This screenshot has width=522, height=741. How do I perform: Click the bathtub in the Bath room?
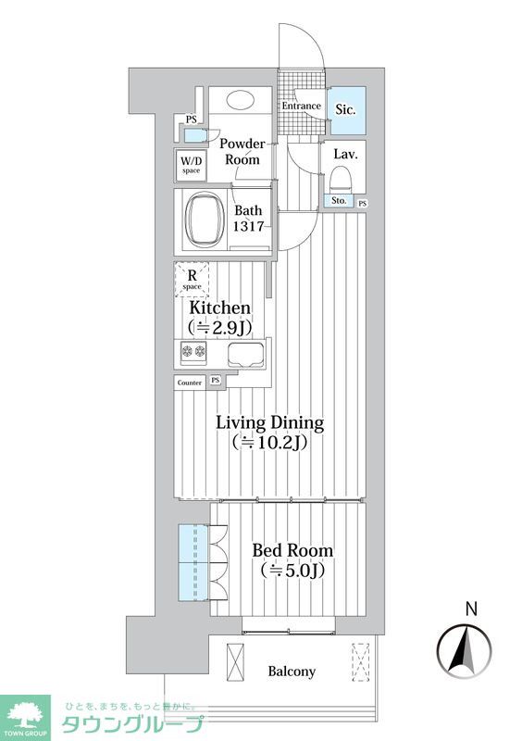click(x=205, y=220)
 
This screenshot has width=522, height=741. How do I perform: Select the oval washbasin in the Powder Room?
click(x=240, y=99)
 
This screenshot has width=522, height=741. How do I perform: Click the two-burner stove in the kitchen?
click(x=193, y=352)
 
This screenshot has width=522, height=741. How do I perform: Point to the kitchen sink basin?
click(x=246, y=355)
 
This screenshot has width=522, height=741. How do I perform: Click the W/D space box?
click(x=191, y=165)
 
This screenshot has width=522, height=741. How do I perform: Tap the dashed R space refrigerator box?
click(x=192, y=280)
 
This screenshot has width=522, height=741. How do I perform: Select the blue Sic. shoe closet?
click(x=348, y=110)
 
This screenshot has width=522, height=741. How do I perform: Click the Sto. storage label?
click(x=339, y=201)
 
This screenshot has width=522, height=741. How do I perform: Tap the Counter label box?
click(x=190, y=383)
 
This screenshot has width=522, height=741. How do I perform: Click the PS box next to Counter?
click(x=216, y=381)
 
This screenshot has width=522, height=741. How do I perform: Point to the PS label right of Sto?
click(x=362, y=204)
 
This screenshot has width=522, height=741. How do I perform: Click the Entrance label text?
click(x=302, y=106)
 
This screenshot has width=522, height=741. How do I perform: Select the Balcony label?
click(x=292, y=671)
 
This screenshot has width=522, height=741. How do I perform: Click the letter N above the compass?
click(x=470, y=609)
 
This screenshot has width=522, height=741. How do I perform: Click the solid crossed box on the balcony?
click(x=236, y=662)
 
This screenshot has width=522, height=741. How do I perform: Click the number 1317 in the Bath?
click(x=248, y=226)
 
